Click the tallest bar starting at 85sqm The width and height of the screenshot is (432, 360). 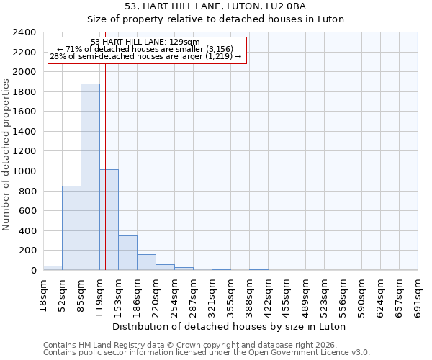90,176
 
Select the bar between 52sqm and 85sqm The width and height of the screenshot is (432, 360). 71,228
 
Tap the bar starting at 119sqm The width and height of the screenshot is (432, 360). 109,220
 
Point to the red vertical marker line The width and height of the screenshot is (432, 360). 105,166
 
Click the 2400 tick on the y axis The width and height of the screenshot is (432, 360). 24,32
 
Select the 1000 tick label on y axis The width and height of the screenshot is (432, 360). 24,171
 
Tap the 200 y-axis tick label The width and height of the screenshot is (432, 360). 27,251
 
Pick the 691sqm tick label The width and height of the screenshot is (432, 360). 418,295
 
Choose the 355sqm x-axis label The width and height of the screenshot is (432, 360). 230,295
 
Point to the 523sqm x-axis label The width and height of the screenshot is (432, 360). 324,295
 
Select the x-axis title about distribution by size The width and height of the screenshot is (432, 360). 230,326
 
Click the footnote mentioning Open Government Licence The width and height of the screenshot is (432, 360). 207,353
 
